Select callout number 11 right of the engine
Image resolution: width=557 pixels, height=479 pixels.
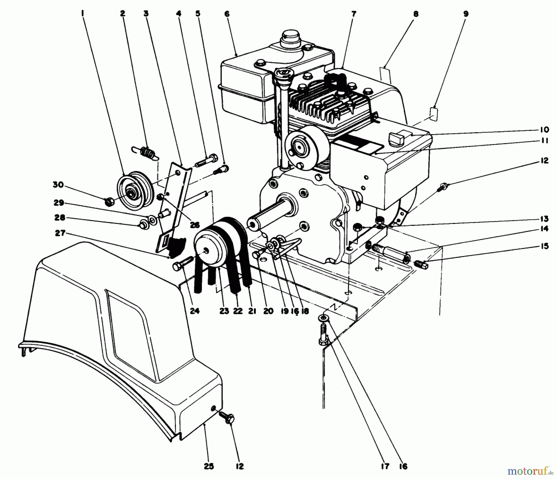tap(545, 141)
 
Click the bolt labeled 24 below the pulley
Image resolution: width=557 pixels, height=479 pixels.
tap(182, 266)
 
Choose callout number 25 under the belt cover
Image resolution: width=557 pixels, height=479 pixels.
tap(209, 466)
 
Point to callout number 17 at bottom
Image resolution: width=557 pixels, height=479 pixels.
tap(384, 466)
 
